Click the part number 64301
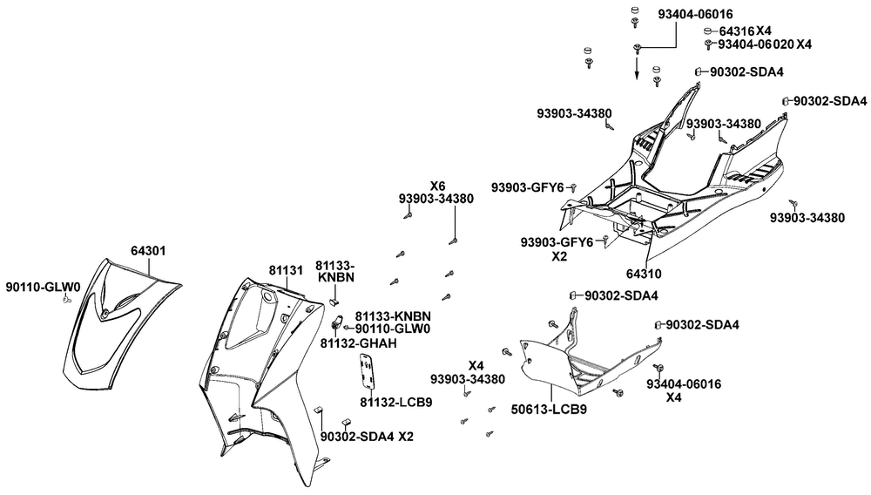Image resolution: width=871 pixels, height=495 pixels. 148,251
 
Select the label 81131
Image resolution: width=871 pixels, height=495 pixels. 286,270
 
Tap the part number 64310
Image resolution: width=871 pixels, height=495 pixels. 644,274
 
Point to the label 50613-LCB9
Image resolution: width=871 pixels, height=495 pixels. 549,410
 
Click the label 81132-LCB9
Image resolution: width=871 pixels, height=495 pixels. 396,402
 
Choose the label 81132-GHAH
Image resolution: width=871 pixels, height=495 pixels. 359,343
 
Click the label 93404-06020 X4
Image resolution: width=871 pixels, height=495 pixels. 765,44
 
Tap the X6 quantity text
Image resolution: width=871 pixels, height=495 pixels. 438,186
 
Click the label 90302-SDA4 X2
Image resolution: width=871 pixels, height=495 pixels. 368,437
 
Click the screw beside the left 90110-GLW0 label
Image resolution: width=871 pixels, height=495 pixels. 66,300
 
